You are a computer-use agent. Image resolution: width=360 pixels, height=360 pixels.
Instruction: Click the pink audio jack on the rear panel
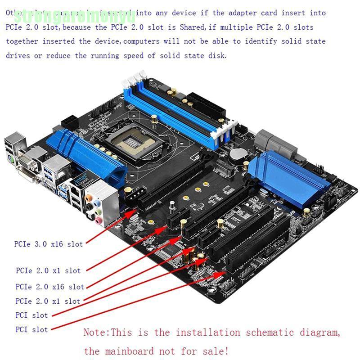[98, 219]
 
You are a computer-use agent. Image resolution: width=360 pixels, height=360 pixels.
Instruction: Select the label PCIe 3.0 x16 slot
[49, 244]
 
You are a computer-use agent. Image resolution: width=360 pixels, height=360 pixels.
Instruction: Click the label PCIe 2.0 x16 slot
[49, 287]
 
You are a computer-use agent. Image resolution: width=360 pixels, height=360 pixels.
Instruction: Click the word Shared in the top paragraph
[192, 27]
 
